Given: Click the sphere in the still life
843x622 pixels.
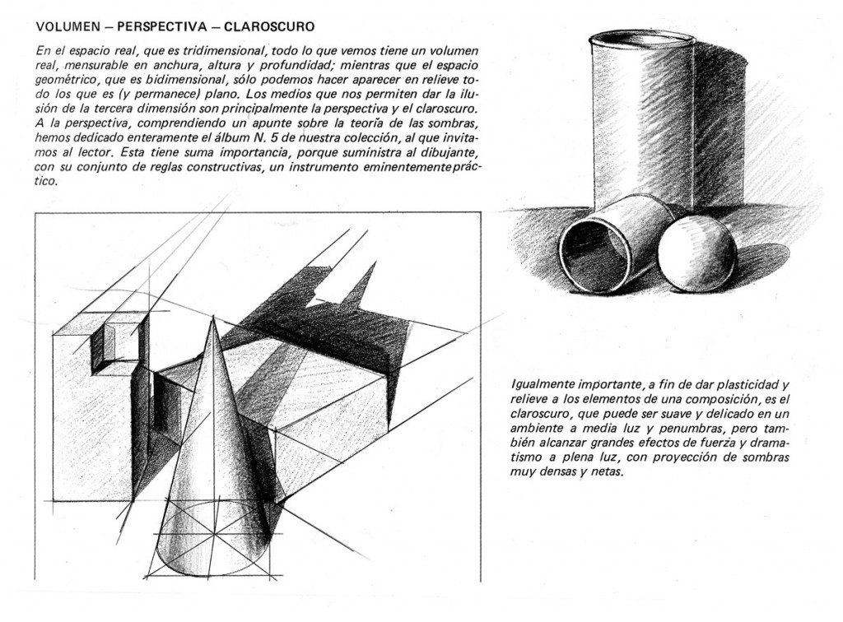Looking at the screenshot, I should coord(696,253).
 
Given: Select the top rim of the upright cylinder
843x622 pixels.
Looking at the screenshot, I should coord(642,38).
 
